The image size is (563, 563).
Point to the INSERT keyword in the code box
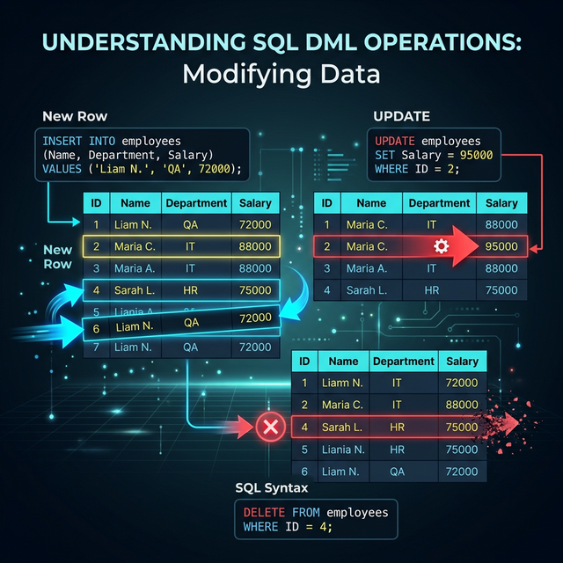62,141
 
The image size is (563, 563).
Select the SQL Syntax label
272,488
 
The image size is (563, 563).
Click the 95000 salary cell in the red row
501,247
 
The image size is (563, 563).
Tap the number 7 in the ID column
94,347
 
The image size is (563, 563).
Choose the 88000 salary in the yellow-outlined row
255,246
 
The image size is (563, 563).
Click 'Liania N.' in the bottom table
344,449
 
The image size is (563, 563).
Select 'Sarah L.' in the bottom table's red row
343,427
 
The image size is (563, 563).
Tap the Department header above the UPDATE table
439,203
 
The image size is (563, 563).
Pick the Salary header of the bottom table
462,361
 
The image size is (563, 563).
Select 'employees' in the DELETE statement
356,512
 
